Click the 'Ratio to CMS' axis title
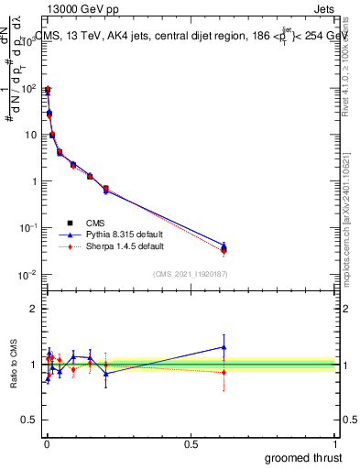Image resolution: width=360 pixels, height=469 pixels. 12,365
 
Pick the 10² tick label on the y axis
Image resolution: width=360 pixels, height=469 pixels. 28,88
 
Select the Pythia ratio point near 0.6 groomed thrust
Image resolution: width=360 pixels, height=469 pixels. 224,346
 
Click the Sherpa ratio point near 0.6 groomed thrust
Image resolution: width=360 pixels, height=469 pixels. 224,372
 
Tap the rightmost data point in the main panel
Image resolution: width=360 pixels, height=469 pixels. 224,248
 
